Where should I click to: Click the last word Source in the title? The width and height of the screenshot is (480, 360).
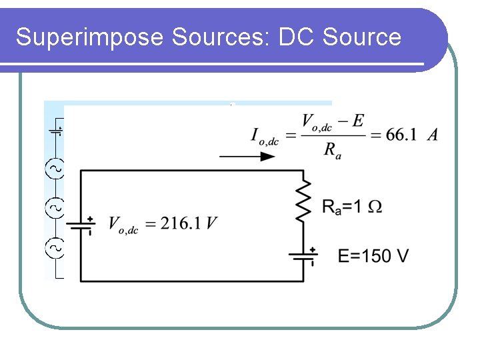361,37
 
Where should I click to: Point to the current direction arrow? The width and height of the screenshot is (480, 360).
247,157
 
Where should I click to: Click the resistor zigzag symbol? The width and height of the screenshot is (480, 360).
304,199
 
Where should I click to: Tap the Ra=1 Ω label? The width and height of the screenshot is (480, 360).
352,207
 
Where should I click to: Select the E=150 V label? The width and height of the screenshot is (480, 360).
373,255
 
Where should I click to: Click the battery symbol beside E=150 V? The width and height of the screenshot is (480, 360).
304,255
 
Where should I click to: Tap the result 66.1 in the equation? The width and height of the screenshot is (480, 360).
401,135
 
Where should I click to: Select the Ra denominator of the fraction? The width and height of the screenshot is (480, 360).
331,150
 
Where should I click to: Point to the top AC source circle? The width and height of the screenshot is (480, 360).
55,169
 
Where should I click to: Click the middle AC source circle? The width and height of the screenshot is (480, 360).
55,209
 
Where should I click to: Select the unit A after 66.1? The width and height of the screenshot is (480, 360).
433,135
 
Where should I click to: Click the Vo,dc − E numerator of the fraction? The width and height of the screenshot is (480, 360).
333,121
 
